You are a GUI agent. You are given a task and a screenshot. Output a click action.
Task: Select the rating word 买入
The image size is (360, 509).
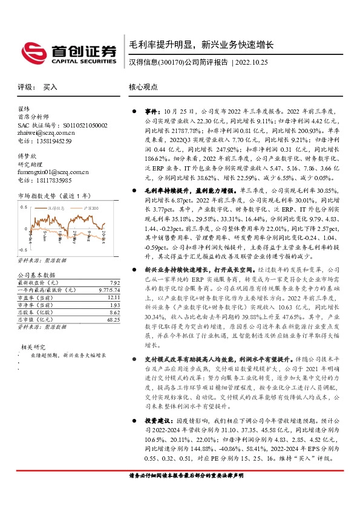click(x=50, y=87)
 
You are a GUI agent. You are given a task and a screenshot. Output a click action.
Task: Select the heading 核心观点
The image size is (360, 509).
click(x=143, y=87)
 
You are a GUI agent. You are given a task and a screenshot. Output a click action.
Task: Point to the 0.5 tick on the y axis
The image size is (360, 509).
click(x=24, y=207)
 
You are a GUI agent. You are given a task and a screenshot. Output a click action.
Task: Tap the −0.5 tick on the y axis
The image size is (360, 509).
click(x=22, y=249)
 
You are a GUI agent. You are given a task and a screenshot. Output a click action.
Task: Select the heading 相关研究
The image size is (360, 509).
click(x=33, y=347)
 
